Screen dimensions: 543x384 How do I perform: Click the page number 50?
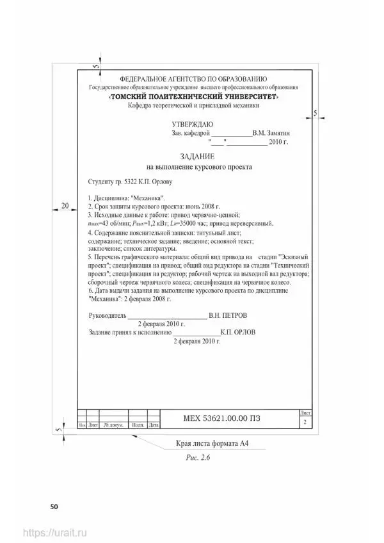click(54, 507)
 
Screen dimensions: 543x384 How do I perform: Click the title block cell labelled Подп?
click(137, 425)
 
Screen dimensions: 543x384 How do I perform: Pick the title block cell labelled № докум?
click(113, 425)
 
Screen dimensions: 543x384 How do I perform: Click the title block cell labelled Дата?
click(153, 425)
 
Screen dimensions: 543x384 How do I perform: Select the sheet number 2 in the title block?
click(304, 423)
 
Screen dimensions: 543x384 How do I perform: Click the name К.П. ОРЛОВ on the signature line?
click(238, 333)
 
